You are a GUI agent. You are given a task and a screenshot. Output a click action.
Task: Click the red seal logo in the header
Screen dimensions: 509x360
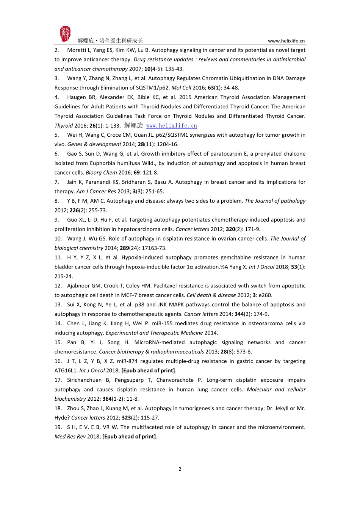coord(65,34)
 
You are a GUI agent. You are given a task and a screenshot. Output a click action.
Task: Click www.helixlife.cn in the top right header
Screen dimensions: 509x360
coord(286,41)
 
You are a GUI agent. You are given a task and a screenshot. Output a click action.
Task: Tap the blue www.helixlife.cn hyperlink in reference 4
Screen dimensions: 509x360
coord(171,126)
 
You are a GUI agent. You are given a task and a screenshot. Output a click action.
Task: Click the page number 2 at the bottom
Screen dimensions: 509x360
coord(180,469)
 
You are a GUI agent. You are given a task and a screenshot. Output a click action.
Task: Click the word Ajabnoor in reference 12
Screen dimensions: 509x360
coord(79,286)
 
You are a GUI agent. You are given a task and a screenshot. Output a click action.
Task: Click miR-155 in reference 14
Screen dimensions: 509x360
coord(163,323)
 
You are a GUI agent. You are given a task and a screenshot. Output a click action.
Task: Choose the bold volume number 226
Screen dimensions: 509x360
coord(74,211)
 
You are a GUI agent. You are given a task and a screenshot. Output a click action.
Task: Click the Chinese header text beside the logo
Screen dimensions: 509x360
coord(110,41)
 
